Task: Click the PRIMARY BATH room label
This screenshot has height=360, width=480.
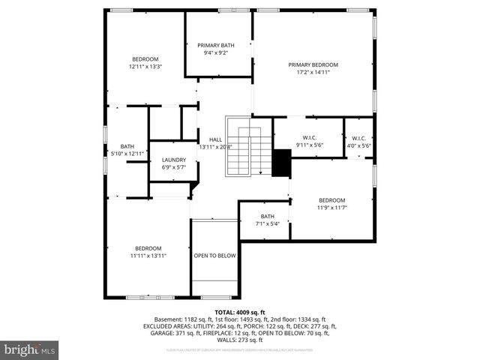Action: pyautogui.click(x=217, y=45)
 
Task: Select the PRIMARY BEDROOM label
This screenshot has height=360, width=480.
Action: pyautogui.click(x=313, y=64)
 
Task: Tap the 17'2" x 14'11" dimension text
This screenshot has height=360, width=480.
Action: pyautogui.click(x=313, y=72)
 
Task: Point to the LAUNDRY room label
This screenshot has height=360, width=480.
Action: pyautogui.click(x=174, y=160)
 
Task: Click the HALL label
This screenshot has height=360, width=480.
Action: pyautogui.click(x=215, y=139)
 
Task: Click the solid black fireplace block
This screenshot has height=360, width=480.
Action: pyautogui.click(x=281, y=163)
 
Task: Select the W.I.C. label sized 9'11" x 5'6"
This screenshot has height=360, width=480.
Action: pyautogui.click(x=309, y=137)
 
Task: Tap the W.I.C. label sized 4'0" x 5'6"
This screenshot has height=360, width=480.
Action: pyautogui.click(x=358, y=138)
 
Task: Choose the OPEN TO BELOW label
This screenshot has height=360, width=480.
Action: pyautogui.click(x=215, y=256)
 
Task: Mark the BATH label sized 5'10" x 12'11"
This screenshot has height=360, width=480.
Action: pyautogui.click(x=127, y=146)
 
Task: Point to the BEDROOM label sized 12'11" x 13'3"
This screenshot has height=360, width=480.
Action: pyautogui.click(x=145, y=59)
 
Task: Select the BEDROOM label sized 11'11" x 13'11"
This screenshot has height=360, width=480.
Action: pyautogui.click(x=148, y=248)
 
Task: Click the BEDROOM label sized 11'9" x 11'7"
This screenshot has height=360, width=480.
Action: pyautogui.click(x=331, y=200)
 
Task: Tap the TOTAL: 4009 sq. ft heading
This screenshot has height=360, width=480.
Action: pyautogui.click(x=240, y=312)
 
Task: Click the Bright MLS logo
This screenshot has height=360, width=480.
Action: pyautogui.click(x=30, y=349)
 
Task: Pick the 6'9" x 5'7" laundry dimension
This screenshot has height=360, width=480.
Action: pyautogui.click(x=174, y=167)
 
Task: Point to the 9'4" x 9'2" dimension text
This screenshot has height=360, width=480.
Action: pyautogui.click(x=217, y=52)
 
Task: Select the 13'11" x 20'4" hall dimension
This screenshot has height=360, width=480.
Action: pyautogui.click(x=215, y=147)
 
